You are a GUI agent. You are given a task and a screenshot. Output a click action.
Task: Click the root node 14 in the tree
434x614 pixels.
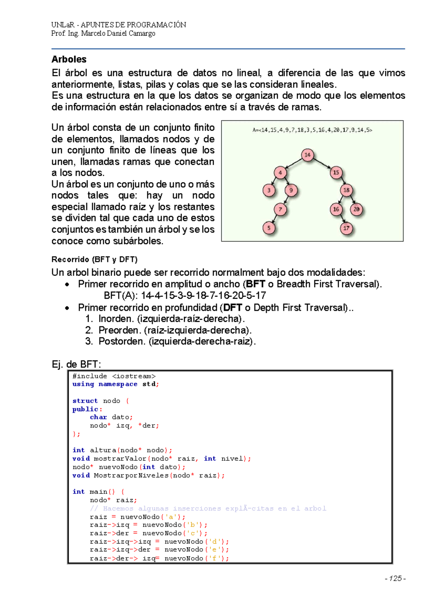(307, 155)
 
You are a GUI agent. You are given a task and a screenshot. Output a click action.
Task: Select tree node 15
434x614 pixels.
(336, 172)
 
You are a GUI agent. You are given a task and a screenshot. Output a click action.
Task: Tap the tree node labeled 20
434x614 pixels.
(357, 209)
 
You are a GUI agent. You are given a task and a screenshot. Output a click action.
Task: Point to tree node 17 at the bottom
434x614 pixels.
(346, 228)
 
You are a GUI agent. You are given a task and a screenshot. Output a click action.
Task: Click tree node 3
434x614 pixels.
(269, 190)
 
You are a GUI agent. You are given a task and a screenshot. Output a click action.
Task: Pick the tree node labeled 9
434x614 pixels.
(291, 190)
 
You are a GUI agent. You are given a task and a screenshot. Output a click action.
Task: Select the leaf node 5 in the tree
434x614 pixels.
(269, 228)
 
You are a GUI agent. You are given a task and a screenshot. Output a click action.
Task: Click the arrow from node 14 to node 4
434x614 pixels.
(294, 163)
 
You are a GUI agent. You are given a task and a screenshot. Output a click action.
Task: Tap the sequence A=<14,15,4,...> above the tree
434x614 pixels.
(312, 130)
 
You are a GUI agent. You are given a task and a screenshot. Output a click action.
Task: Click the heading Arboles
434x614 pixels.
(69, 59)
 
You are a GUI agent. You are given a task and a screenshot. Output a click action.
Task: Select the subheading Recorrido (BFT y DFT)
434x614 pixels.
(94, 259)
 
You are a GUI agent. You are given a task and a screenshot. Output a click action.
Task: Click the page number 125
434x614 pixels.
(395, 579)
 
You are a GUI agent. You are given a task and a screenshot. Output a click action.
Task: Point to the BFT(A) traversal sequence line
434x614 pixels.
(184, 295)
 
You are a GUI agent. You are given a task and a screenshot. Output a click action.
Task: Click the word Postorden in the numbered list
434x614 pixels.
(122, 341)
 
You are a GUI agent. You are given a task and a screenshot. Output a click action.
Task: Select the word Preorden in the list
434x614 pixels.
(119, 330)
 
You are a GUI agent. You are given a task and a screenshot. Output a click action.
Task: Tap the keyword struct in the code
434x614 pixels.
(85, 401)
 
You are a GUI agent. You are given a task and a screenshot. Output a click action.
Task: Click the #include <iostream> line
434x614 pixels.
(114, 376)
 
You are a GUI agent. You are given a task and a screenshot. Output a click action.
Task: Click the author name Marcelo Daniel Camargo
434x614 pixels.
(118, 34)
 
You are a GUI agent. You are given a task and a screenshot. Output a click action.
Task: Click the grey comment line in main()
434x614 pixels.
(208, 508)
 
